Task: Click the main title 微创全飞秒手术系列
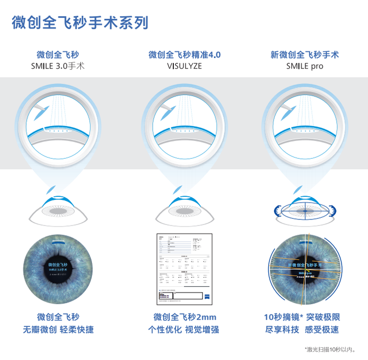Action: pyautogui.click(x=80, y=23)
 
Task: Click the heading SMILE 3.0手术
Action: pyautogui.click(x=58, y=66)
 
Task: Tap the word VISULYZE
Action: pyautogui.click(x=184, y=66)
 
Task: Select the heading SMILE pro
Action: pyautogui.click(x=305, y=66)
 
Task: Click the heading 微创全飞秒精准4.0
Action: pyautogui.click(x=185, y=55)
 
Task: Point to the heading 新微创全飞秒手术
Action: pyautogui.click(x=305, y=55)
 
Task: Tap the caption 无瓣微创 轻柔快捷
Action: pyautogui.click(x=58, y=330)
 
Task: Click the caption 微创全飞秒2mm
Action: pyautogui.click(x=185, y=318)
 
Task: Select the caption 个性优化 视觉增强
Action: pyautogui.click(x=183, y=330)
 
